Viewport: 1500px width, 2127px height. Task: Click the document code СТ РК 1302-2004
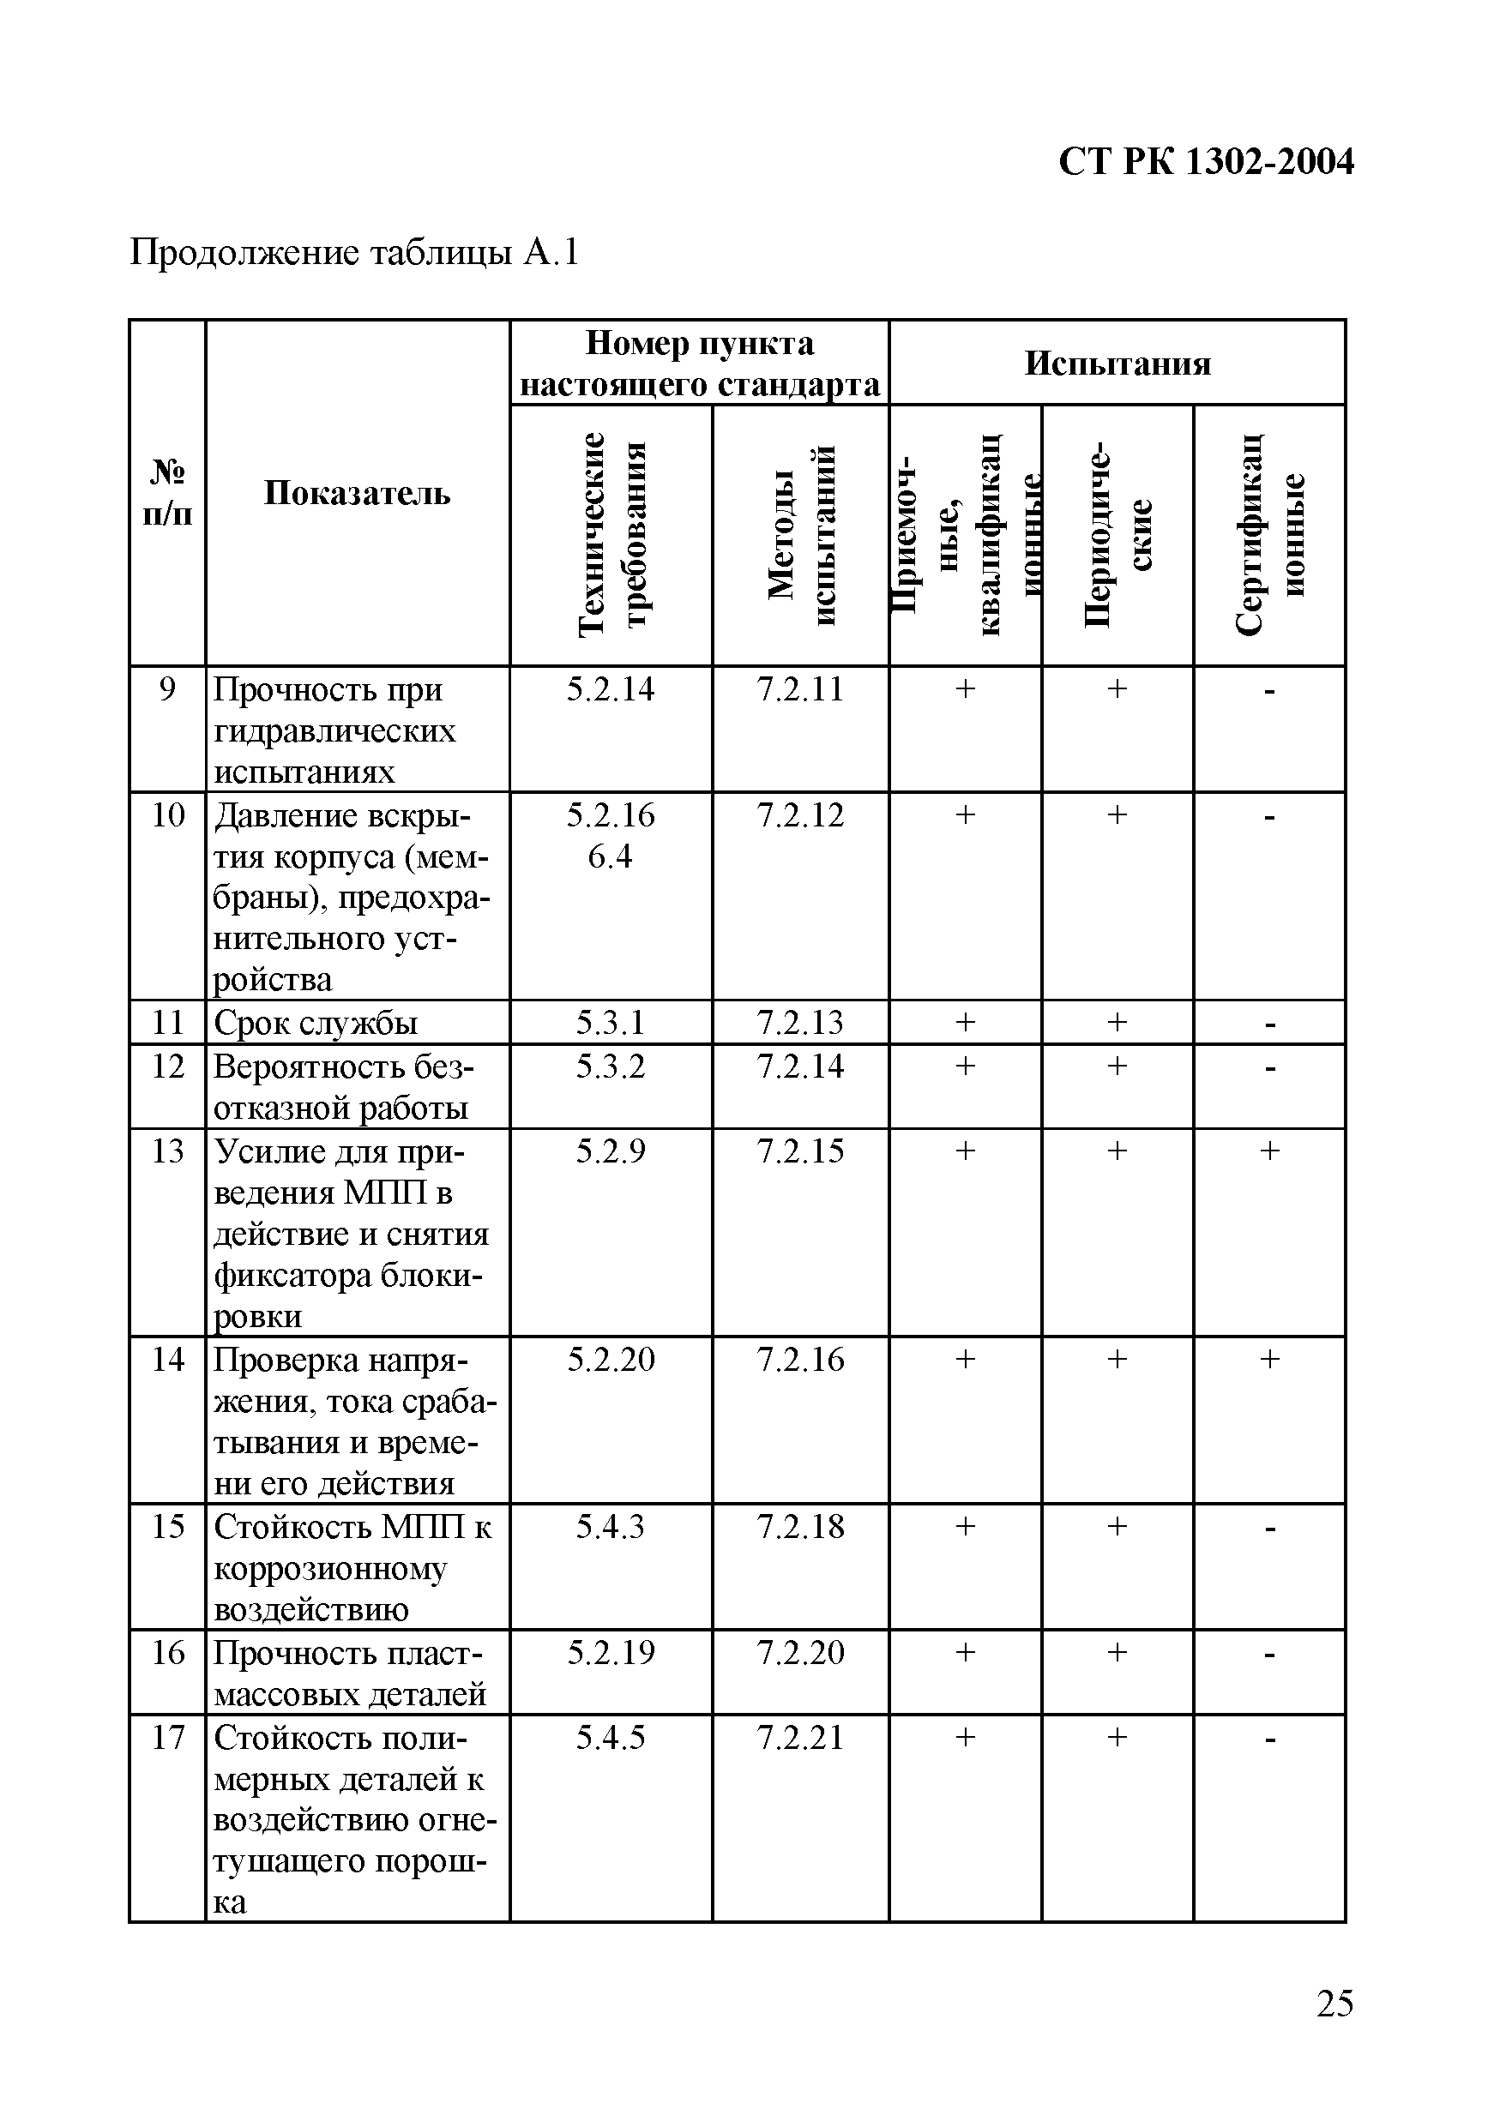pyautogui.click(x=1205, y=162)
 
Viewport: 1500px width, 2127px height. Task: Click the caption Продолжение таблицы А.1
pyautogui.click(x=354, y=252)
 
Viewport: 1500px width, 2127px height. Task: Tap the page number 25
pyautogui.click(x=1334, y=2003)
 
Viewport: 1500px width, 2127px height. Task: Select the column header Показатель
pyautogui.click(x=357, y=493)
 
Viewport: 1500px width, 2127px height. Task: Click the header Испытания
pyautogui.click(x=1117, y=364)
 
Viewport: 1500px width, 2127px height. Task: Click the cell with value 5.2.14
pyautogui.click(x=611, y=689)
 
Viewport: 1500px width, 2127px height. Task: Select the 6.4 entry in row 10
pyautogui.click(x=611, y=856)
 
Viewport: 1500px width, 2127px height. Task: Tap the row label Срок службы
pyautogui.click(x=315, y=1023)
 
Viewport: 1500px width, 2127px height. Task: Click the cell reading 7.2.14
pyautogui.click(x=800, y=1067)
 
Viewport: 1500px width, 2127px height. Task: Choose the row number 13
pyautogui.click(x=168, y=1151)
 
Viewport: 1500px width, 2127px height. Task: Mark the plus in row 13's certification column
pyautogui.click(x=1269, y=1151)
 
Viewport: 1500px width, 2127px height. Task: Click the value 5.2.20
pyautogui.click(x=611, y=1360)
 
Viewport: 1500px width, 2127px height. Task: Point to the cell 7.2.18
pyautogui.click(x=800, y=1527)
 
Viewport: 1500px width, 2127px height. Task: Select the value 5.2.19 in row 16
pyautogui.click(x=611, y=1653)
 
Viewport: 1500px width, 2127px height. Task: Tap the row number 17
pyautogui.click(x=168, y=1738)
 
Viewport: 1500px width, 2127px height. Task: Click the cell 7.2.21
pyautogui.click(x=800, y=1738)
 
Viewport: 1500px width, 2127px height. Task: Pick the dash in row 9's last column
pyautogui.click(x=1269, y=691)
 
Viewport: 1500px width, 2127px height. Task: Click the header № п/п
pyautogui.click(x=168, y=493)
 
